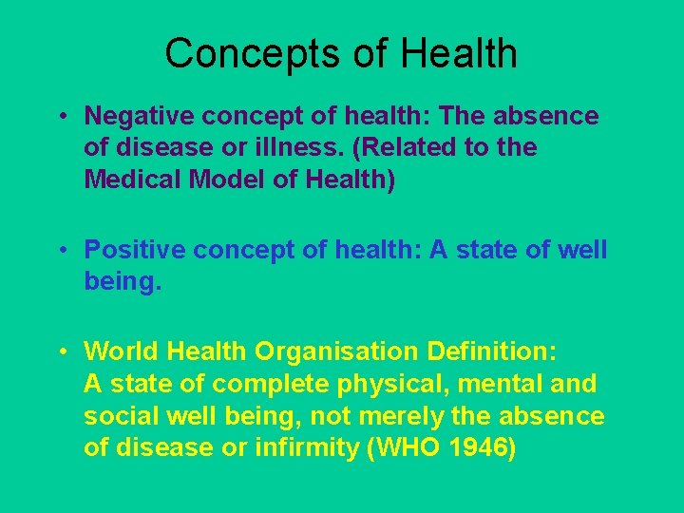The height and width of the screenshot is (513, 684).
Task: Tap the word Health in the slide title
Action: pyautogui.click(x=459, y=53)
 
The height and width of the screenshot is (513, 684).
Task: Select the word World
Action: pyautogui.click(x=122, y=351)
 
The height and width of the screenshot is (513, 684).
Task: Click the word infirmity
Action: pyautogui.click(x=309, y=447)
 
